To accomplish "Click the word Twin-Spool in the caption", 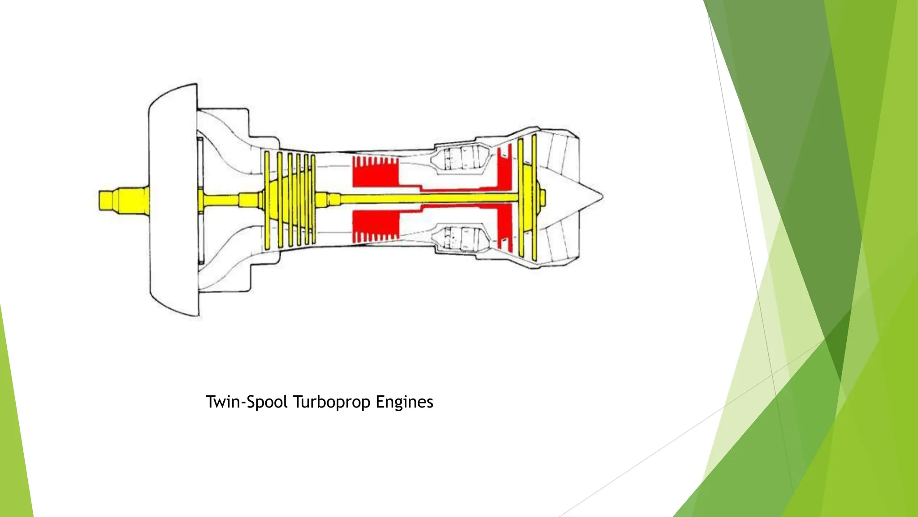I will tap(246, 402).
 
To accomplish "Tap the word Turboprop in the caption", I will tap(332, 402).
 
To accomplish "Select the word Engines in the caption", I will tap(404, 402).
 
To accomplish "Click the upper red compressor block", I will tap(375, 173).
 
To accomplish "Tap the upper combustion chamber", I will tap(459, 159).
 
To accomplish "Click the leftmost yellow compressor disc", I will tap(267, 200).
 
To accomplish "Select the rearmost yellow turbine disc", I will tap(534, 197).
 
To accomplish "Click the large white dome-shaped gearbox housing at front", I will tap(173, 200).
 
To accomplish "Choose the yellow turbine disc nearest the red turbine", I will tap(520, 197).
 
